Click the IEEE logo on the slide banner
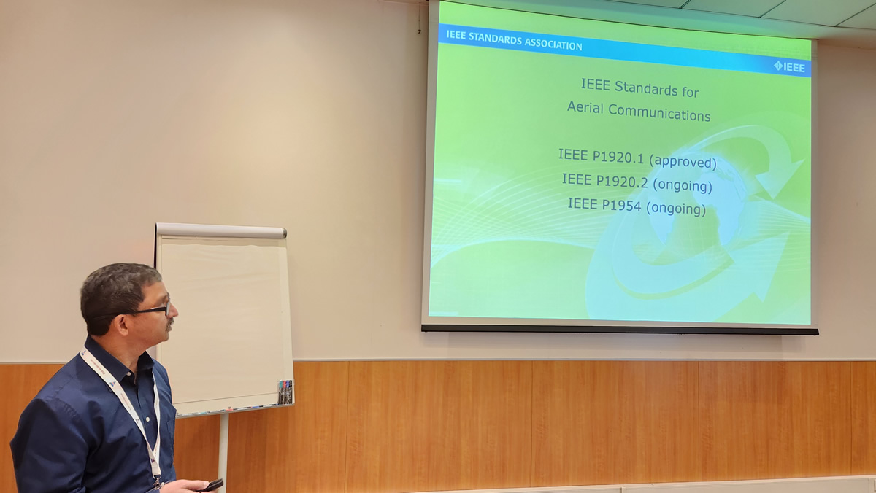[x=789, y=67]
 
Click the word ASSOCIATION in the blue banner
[x=553, y=44]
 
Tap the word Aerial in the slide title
[x=585, y=107]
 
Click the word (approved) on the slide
[x=683, y=161]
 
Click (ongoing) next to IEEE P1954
[x=676, y=208]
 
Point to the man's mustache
[x=169, y=322]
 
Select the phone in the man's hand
[x=212, y=485]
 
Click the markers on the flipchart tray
[x=285, y=392]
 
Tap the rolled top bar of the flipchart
[x=221, y=230]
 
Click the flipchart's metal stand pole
[x=223, y=452]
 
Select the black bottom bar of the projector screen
[x=620, y=330]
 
